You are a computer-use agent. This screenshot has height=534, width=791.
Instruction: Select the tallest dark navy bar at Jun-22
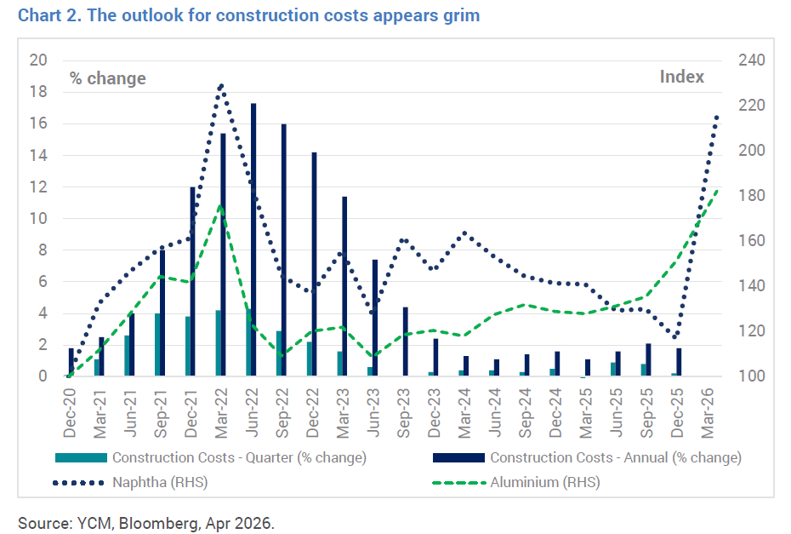point(253,239)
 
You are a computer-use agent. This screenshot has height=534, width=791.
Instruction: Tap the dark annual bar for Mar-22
point(223,255)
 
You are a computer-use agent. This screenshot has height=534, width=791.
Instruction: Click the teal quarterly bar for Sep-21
point(157,345)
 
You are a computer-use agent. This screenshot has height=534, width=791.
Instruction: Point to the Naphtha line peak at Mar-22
point(221,85)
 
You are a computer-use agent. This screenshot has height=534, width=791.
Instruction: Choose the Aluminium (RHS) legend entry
point(545,483)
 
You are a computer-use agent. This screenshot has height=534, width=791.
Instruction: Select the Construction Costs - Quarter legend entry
point(238,457)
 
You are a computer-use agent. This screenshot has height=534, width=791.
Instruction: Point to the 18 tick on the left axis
point(38,92)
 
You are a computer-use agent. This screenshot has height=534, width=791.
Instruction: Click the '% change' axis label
point(107,78)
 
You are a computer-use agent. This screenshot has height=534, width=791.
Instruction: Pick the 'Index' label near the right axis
point(682,77)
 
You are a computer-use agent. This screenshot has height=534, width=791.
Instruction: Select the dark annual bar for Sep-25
point(648,359)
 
